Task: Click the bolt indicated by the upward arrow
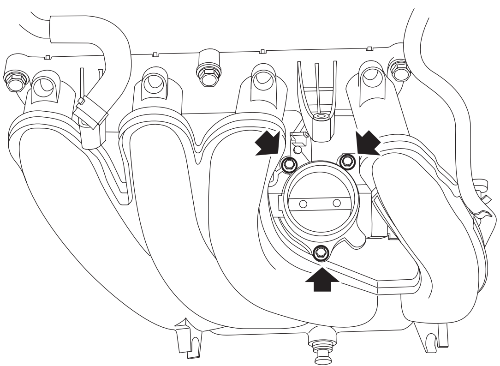click(321, 252)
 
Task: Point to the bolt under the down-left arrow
click(346, 160)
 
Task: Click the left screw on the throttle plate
click(303, 204)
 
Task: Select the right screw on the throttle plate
click(336, 203)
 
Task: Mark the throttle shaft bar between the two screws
click(319, 203)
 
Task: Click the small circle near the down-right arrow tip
click(298, 149)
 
